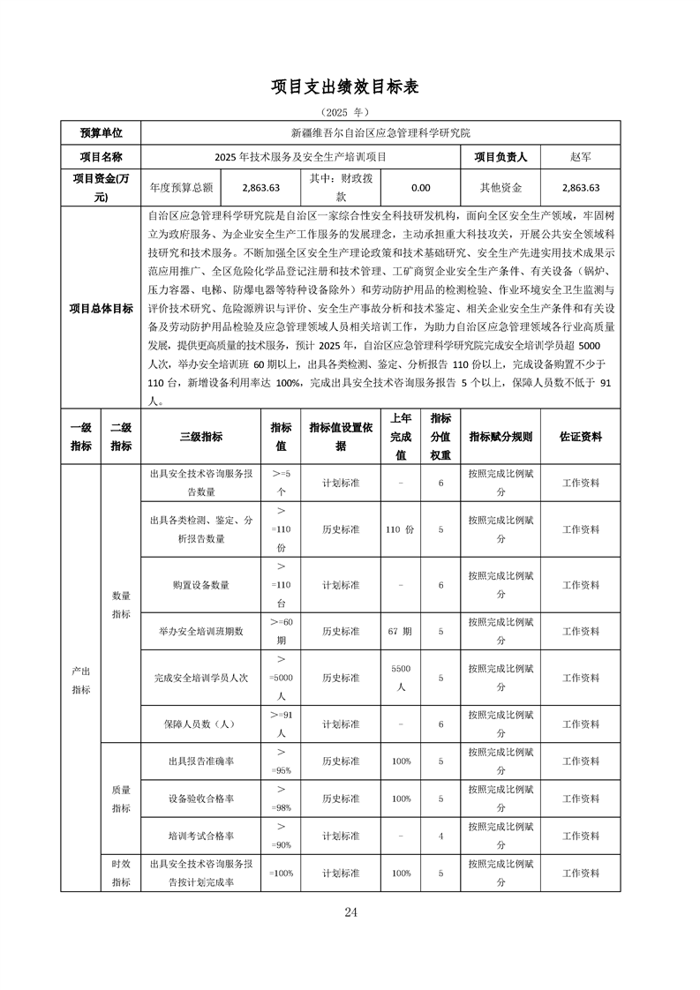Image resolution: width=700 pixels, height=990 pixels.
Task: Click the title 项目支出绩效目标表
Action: [x=350, y=86]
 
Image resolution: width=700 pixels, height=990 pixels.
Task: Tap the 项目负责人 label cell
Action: [x=501, y=157]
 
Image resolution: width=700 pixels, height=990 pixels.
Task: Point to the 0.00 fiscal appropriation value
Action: [x=421, y=188]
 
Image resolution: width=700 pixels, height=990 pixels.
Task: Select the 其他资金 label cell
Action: [x=501, y=188]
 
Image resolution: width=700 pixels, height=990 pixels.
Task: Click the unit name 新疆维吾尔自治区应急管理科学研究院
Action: [x=380, y=133]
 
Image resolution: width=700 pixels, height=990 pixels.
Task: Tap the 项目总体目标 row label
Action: [x=101, y=308]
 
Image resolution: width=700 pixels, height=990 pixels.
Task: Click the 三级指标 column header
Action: [x=201, y=437]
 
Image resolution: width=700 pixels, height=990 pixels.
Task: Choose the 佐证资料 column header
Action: [x=581, y=437]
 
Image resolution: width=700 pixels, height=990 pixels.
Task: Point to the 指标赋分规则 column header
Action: [x=501, y=437]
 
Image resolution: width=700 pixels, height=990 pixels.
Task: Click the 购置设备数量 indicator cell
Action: [x=201, y=585]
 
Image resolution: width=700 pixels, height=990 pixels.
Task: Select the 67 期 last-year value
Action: [x=400, y=632]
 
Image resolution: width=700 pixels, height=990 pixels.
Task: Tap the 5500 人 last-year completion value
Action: [x=400, y=678]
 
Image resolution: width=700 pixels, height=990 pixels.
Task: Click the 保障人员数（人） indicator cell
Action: [x=201, y=724]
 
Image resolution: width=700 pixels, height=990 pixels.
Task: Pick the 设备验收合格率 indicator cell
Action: [x=201, y=799]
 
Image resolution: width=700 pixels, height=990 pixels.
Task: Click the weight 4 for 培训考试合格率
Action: [x=440, y=836]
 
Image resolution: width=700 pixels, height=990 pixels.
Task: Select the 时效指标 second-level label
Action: [x=121, y=873]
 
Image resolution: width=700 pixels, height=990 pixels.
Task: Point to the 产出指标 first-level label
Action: [x=81, y=679]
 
